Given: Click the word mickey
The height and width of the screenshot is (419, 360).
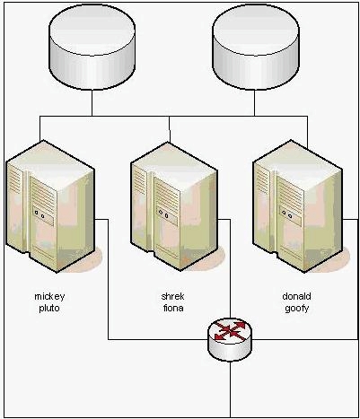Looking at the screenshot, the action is tap(49, 297).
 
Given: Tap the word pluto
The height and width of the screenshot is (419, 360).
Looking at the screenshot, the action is tap(49, 308).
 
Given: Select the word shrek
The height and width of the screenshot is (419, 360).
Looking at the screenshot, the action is tap(172, 296).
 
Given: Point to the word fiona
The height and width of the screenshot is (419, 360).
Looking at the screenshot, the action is tap(173, 308).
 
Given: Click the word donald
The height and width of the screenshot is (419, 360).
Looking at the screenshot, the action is tap(296, 296).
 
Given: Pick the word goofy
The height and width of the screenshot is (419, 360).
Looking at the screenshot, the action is tap(296, 309).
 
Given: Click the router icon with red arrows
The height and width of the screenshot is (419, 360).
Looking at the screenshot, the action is tap(230, 339).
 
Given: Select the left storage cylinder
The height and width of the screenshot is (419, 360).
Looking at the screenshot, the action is tap(92, 48).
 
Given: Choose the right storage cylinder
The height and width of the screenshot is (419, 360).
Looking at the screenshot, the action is tap(255, 48).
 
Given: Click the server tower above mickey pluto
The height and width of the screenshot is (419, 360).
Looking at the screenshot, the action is tap(50, 206).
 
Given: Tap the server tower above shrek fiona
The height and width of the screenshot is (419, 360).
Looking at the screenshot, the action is tap(174, 206).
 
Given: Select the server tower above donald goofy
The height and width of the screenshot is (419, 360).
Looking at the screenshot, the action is tap(297, 206).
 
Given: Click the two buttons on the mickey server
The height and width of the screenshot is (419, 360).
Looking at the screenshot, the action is tap(40, 214).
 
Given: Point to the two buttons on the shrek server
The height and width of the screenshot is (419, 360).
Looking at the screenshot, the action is tap(163, 214).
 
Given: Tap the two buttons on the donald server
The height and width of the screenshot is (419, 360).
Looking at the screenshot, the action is tap(286, 214).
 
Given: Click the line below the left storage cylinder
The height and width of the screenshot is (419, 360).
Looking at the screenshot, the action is tap(92, 103).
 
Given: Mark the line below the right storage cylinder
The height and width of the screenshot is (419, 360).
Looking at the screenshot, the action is tap(255, 103).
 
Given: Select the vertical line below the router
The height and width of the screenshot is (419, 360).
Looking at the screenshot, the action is tap(230, 389).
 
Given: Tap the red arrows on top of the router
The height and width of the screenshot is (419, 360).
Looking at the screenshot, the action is tap(230, 330).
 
